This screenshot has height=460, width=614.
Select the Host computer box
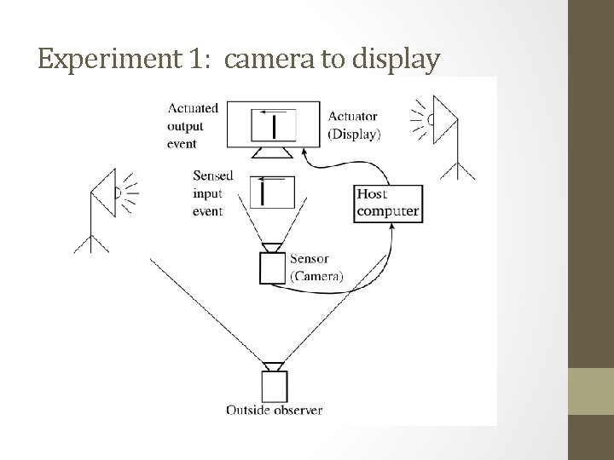pyautogui.click(x=388, y=204)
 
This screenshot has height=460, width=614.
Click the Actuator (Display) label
pyautogui.click(x=354, y=125)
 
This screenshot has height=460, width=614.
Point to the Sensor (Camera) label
pyautogui.click(x=316, y=267)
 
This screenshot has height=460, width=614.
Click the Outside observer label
pyautogui.click(x=274, y=411)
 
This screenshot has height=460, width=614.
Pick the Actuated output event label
pyautogui.click(x=193, y=125)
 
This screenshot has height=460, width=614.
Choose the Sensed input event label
pyautogui.click(x=208, y=193)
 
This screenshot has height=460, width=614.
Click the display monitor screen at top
pyautogui.click(x=274, y=126)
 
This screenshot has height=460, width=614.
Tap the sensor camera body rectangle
pyautogui.click(x=274, y=268)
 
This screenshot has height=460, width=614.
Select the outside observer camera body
pyautogui.click(x=274, y=388)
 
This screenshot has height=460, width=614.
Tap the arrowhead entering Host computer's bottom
pyautogui.click(x=393, y=227)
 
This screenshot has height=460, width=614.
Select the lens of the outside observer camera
pyautogui.click(x=274, y=366)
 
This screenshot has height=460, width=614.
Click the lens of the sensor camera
pyautogui.click(x=274, y=248)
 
